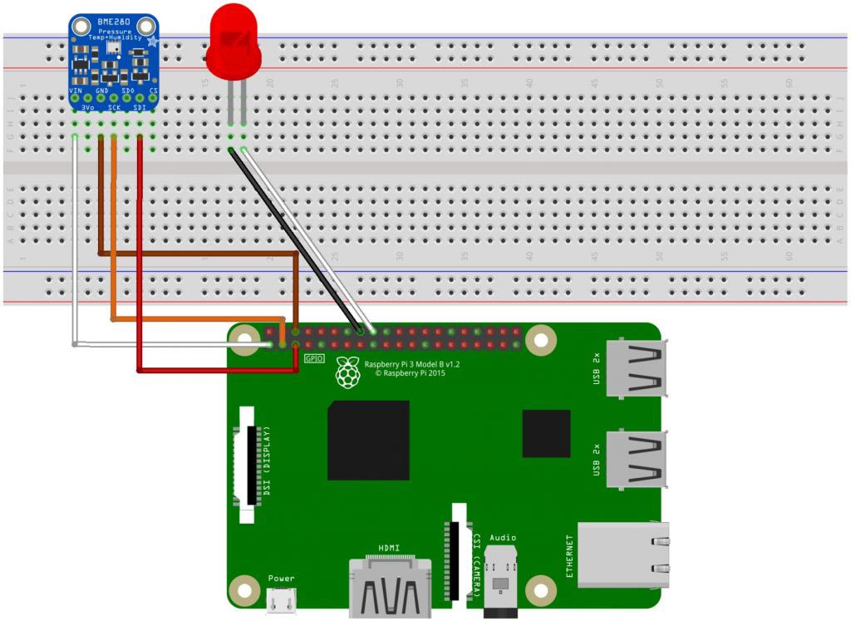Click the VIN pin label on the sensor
[x=76, y=90]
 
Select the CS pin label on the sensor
[x=153, y=90]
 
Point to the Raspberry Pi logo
[x=347, y=374]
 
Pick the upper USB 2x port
[x=636, y=367]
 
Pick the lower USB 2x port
[x=636, y=458]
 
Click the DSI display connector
[x=248, y=466]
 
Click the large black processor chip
[x=368, y=440]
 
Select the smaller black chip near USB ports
[x=546, y=433]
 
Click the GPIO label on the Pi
[x=313, y=358]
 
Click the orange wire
[x=114, y=249]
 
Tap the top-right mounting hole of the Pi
[x=540, y=340]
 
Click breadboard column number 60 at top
[x=790, y=83]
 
